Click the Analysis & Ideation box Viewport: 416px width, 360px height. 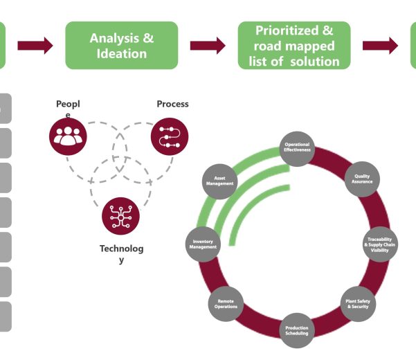[121, 45]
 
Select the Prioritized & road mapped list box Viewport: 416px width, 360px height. [294, 45]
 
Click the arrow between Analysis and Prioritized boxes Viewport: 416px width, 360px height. [208, 46]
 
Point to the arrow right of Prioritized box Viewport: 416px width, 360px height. [380, 46]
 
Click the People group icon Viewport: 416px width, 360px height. [69, 136]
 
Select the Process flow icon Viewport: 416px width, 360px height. [170, 136]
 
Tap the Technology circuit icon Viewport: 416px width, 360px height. [120, 217]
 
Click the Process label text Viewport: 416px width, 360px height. [172, 105]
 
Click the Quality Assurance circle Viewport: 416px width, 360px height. [363, 179]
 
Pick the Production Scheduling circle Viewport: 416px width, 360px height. [297, 331]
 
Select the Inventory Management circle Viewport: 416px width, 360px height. [203, 244]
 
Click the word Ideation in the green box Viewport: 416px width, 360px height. [122, 54]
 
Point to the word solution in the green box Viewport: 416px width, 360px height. [316, 62]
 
